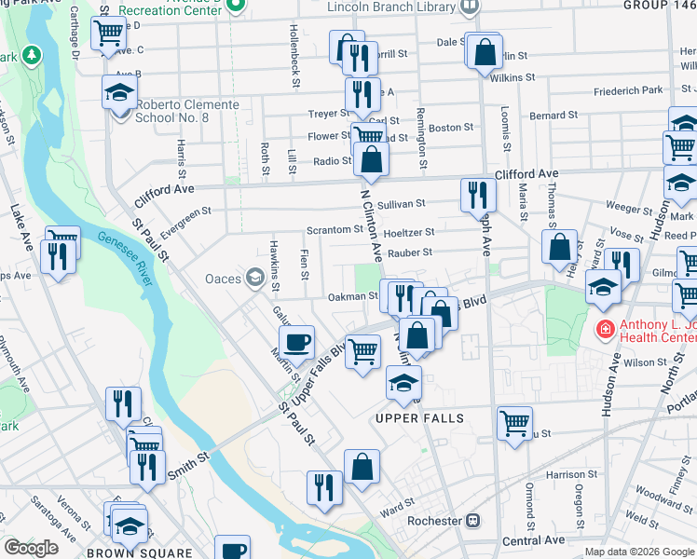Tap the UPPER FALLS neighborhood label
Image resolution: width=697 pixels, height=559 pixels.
pyautogui.click(x=419, y=418)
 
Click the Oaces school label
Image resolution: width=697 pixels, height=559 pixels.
pyautogui.click(x=224, y=278)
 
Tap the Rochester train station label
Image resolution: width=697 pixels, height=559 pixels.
pyautogui.click(x=442, y=520)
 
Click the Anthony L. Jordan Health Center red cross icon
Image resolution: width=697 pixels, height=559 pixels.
pyautogui.click(x=605, y=328)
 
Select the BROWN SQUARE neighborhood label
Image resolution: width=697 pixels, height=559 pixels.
pyautogui.click(x=125, y=552)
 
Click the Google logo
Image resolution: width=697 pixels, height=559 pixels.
pyautogui.click(x=32, y=548)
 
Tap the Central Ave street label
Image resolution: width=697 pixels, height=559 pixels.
pyautogui.click(x=533, y=540)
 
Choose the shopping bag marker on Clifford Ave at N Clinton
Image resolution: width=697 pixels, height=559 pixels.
pyautogui.click(x=371, y=160)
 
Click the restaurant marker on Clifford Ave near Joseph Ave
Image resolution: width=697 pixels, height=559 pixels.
pyautogui.click(x=475, y=195)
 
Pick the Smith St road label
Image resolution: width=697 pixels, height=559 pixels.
pyautogui.click(x=186, y=466)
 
